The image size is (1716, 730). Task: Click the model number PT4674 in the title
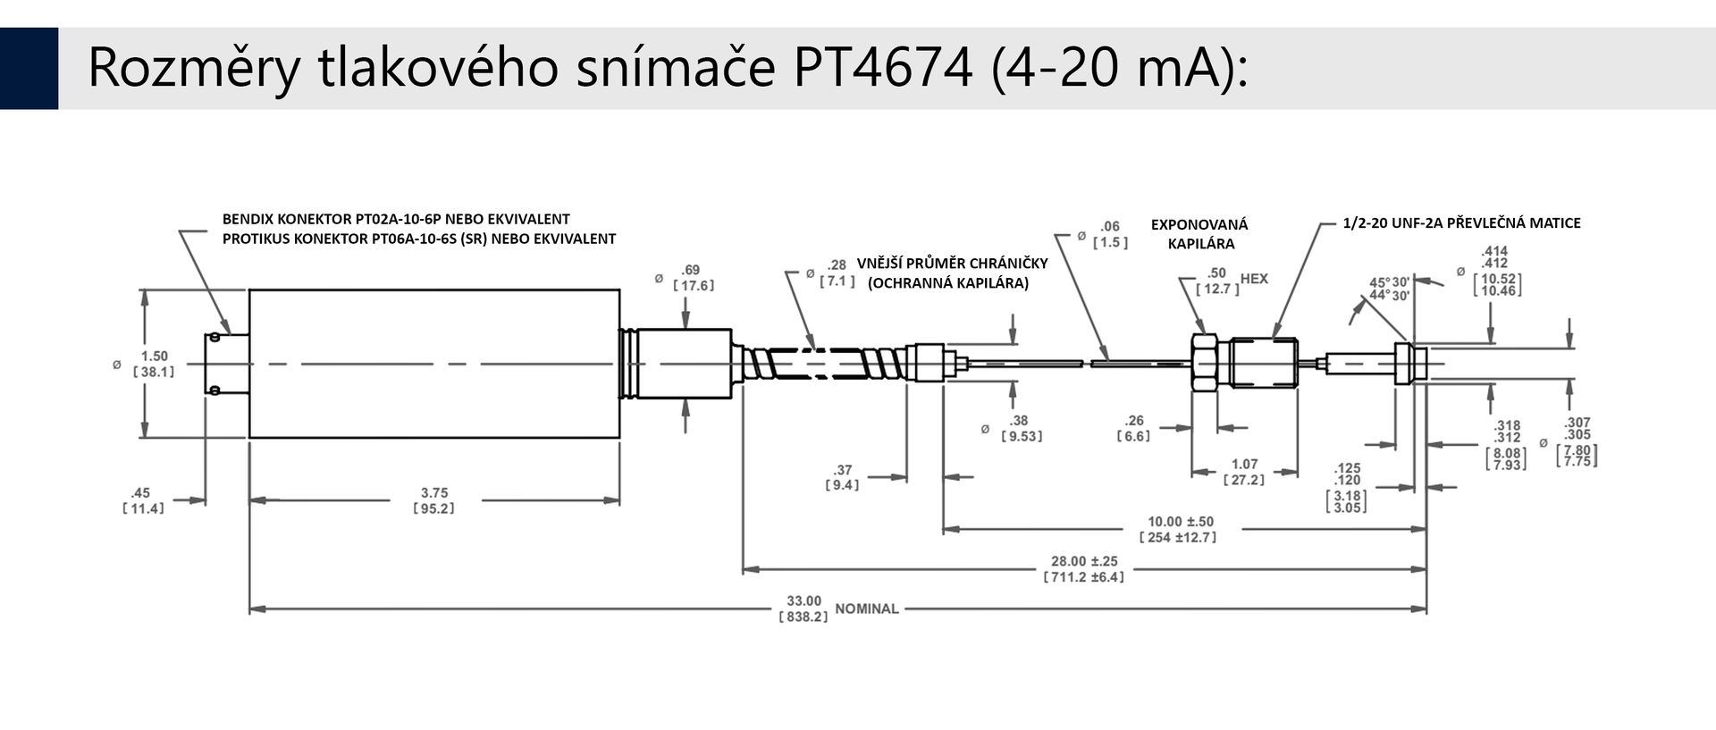[882, 68]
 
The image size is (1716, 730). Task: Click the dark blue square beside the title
[29, 68]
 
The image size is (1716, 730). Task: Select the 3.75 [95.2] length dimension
[434, 500]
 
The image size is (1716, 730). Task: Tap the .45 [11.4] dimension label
[143, 500]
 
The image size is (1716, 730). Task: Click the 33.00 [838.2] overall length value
[803, 608]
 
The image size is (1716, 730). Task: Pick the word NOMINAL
[867, 608]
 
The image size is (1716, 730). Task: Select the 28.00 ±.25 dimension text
[1084, 561]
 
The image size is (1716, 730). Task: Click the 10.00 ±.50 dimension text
[1181, 521]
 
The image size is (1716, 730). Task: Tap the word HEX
[1254, 279]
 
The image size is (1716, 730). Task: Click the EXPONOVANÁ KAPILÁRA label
[1199, 234]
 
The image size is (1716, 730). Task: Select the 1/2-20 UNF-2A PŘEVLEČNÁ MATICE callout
[1461, 222]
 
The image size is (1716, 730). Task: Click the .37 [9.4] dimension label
[842, 477]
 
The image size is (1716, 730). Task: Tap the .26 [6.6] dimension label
[1134, 428]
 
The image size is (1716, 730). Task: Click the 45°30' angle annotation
[1390, 282]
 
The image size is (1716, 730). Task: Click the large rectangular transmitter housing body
[434, 364]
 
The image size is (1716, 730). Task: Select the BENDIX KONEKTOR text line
[396, 219]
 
